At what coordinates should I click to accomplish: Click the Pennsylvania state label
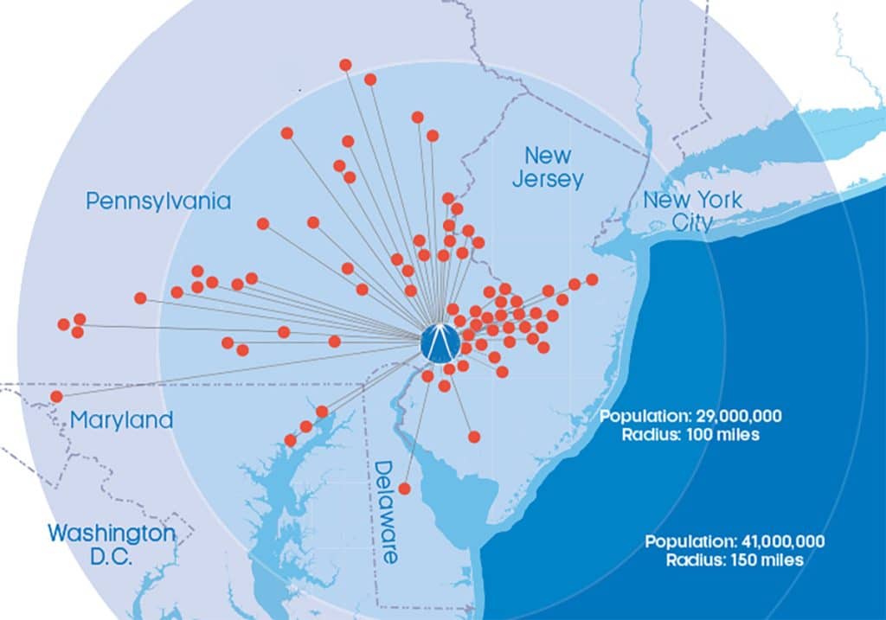pos(158,201)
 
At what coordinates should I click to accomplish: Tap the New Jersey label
pos(548,168)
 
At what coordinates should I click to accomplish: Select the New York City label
pos(692,211)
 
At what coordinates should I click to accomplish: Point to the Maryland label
pos(121,421)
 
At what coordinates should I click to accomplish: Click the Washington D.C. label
pos(111,544)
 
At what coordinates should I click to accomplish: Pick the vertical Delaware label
pos(385,510)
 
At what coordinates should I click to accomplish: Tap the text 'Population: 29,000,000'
pos(690,416)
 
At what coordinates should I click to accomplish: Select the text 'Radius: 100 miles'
pos(690,434)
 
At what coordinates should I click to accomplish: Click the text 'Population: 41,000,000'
pos(735,542)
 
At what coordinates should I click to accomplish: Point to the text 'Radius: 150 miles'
pos(735,560)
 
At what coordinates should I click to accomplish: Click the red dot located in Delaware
pos(404,489)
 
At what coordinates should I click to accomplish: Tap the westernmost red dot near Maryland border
pos(56,396)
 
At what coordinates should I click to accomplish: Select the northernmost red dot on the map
pos(345,65)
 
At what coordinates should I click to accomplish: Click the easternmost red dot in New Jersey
pos(592,279)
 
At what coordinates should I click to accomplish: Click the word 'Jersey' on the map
pos(548,180)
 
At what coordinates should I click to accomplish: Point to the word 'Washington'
pos(111,532)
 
